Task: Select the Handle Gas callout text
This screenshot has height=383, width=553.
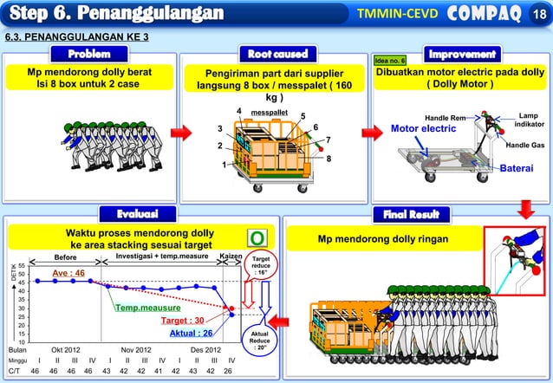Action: tap(524, 146)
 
